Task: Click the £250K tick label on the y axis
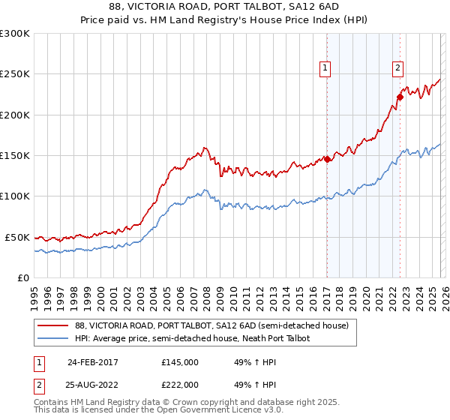[x=15, y=74]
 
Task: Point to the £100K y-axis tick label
[x=15, y=196]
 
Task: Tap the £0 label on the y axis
[x=22, y=277]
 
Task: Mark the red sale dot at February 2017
[x=328, y=159]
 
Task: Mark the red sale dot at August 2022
[x=400, y=97]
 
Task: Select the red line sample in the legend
[x=54, y=326]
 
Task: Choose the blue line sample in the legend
[x=54, y=339]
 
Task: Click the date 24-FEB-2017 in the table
[x=92, y=362]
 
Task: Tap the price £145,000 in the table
[x=180, y=362]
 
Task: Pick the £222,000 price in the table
[x=180, y=384]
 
